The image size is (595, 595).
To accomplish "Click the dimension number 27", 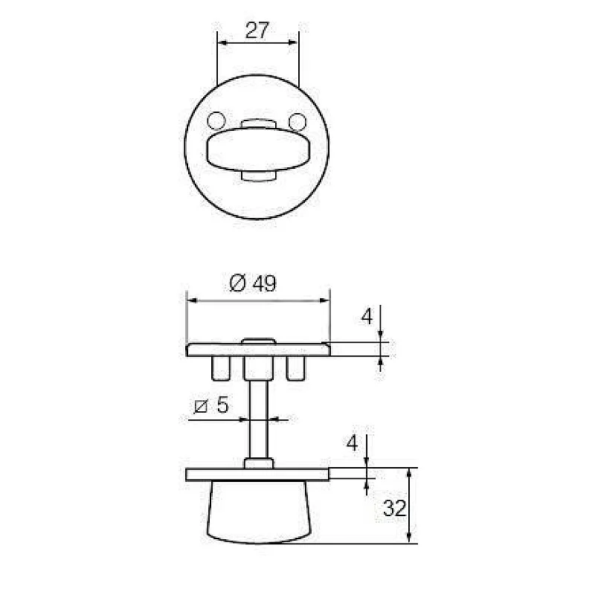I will [257, 30].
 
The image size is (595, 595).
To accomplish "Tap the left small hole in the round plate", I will [216, 120].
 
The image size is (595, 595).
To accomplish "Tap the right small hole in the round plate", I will [297, 120].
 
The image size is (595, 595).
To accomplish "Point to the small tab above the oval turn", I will [257, 121].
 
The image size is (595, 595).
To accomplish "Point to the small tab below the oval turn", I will [257, 176].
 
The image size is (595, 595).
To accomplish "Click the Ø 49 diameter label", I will [254, 284].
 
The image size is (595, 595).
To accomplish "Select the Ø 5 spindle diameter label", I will [210, 406].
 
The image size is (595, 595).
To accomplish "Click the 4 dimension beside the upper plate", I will [367, 317].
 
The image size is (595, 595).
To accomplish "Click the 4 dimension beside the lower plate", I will [353, 444].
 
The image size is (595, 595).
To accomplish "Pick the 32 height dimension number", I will [394, 509].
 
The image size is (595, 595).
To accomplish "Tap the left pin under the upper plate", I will [220, 367].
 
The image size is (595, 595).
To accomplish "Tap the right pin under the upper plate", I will [295, 367].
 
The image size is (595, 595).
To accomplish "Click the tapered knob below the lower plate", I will [257, 509].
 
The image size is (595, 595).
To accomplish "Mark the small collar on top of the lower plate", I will [257, 463].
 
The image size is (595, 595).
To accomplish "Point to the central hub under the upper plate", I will [257, 367].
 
